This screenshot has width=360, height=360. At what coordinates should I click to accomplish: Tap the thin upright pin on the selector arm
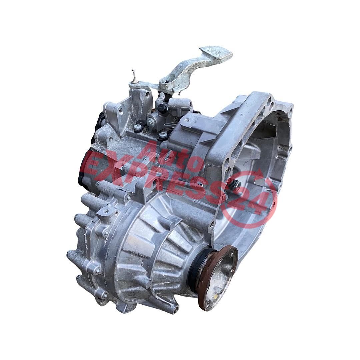[132, 75]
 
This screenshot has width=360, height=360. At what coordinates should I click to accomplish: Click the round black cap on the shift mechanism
[162, 107]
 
